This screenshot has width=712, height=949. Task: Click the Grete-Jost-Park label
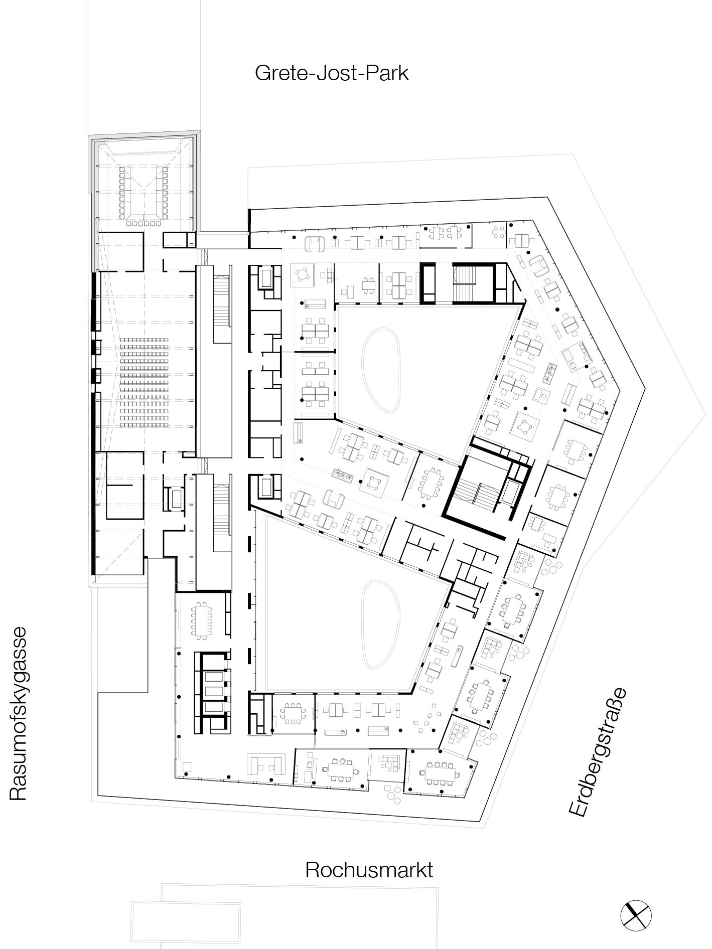(x=332, y=73)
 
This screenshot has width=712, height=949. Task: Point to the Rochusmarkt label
(x=369, y=869)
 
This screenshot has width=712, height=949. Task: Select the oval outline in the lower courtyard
(x=381, y=624)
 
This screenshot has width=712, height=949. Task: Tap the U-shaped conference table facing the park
(x=143, y=193)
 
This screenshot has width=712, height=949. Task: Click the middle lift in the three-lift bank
(x=213, y=691)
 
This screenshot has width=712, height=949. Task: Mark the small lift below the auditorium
(x=176, y=499)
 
